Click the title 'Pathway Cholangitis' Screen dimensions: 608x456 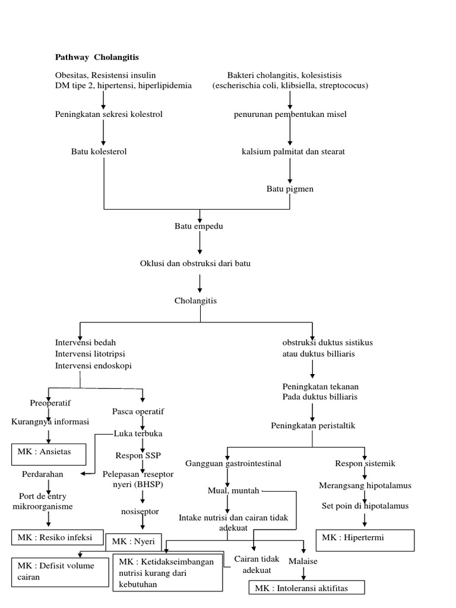click(x=97, y=57)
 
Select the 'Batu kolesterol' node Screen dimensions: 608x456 click(x=99, y=151)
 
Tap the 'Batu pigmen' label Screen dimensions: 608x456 click(x=289, y=189)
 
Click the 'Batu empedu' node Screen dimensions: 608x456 click(x=199, y=226)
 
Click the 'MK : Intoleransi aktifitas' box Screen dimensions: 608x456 click(x=306, y=587)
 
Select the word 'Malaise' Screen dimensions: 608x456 click(x=303, y=561)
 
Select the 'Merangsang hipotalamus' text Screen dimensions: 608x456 click(x=365, y=485)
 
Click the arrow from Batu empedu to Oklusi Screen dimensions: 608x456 click(x=200, y=243)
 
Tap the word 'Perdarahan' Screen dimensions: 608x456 click(x=43, y=474)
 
